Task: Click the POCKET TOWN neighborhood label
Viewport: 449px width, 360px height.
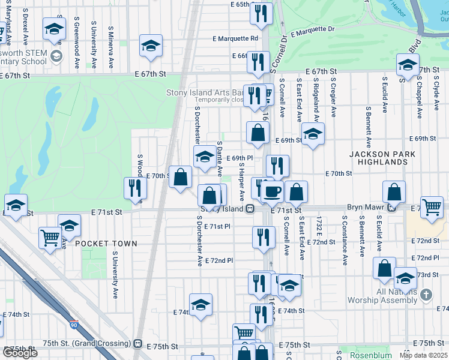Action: [106, 244]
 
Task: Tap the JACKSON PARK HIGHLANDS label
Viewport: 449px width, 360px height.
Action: [379, 158]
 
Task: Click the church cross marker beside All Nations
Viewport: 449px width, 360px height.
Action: [426, 295]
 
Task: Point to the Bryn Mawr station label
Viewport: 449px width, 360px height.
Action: [365, 208]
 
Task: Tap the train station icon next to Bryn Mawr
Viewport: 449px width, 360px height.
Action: [391, 208]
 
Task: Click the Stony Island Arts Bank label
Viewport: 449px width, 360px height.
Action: [205, 93]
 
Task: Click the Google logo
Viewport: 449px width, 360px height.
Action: [20, 353]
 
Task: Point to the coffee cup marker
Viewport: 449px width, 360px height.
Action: [272, 191]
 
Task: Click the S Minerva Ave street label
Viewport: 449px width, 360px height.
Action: [111, 46]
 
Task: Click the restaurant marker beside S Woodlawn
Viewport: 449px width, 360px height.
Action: [135, 188]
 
